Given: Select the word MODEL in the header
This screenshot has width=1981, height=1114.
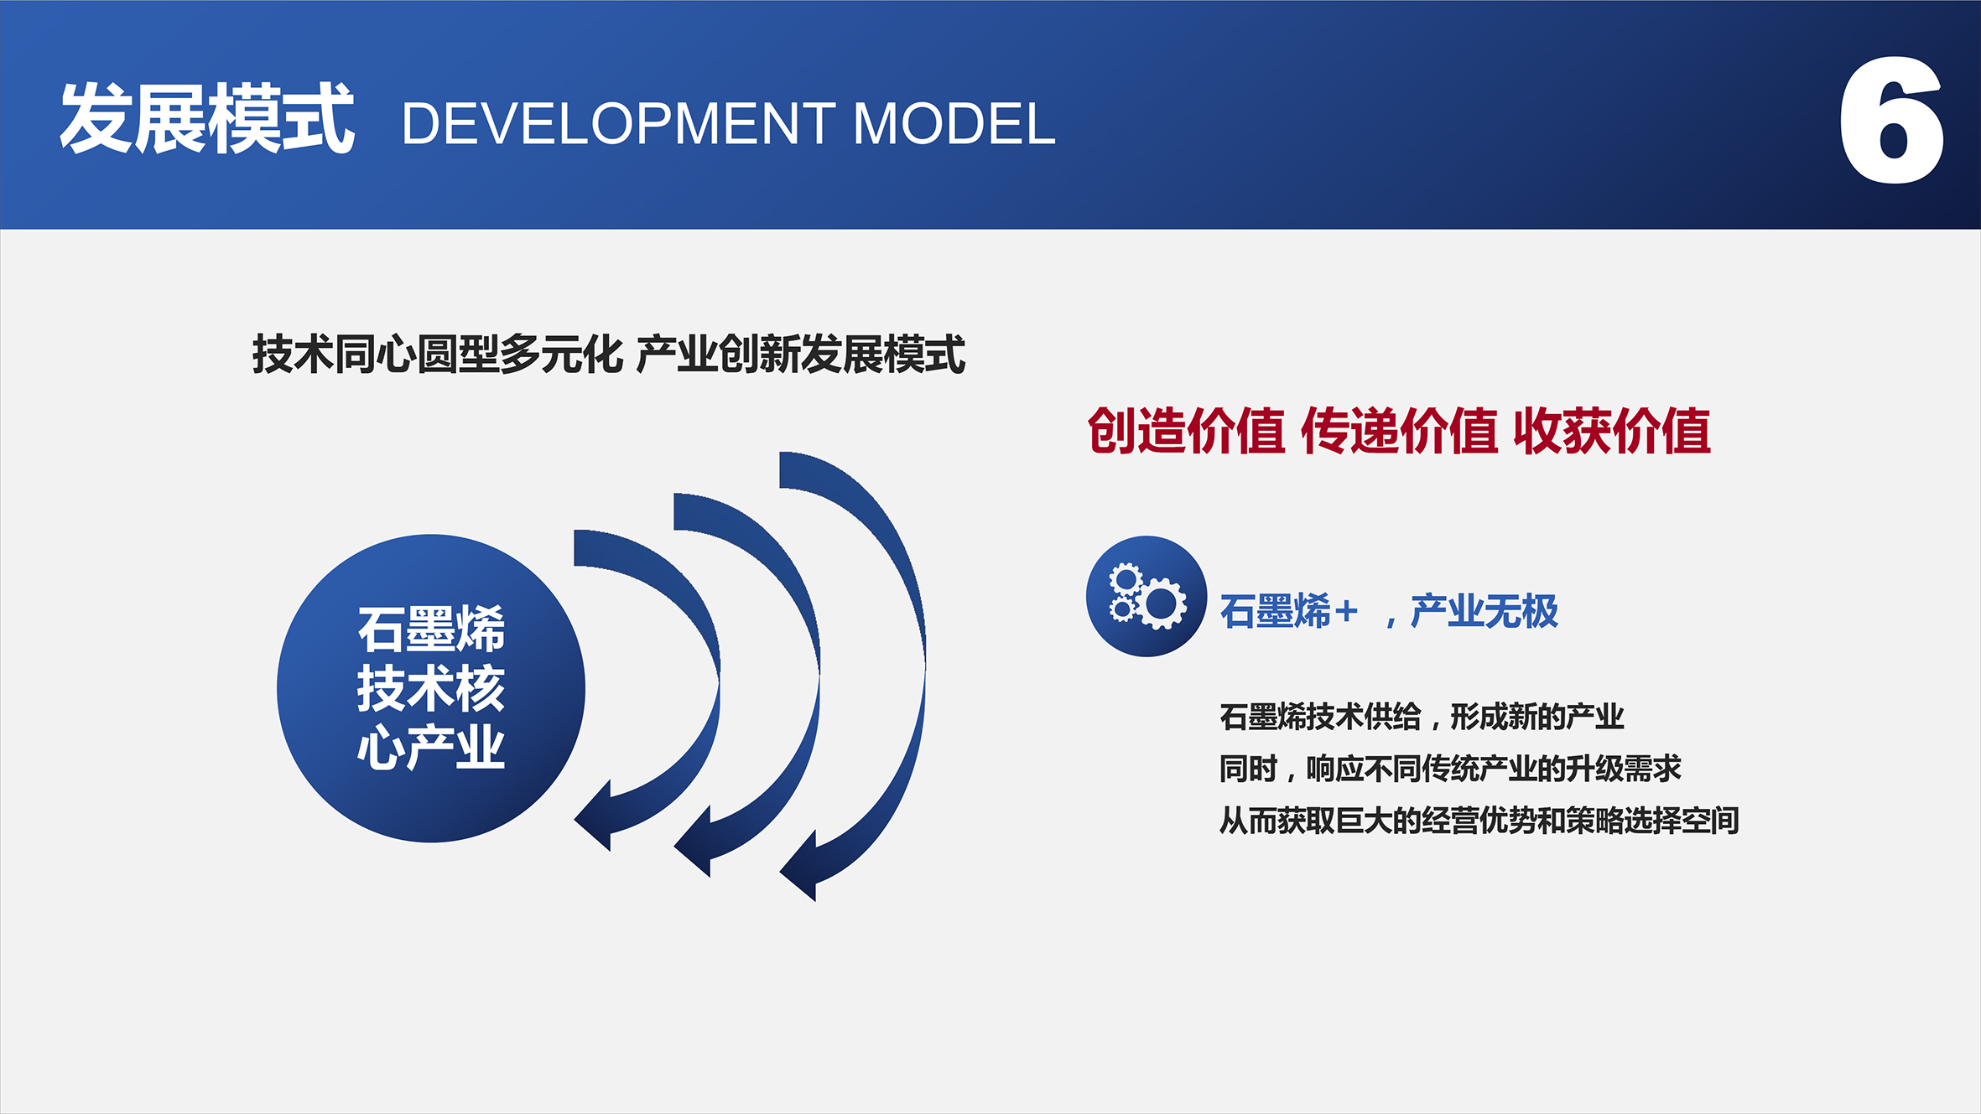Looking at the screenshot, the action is point(954,124).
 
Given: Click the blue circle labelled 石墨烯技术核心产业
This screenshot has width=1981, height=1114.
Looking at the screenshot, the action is point(431,688).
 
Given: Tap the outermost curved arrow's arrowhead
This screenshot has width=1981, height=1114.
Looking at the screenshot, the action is point(798,866).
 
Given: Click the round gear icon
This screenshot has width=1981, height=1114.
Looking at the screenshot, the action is point(1146,596).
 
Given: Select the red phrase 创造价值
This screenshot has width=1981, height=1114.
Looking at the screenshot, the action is point(1186,431).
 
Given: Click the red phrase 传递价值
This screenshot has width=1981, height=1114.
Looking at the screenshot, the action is point(1399,431).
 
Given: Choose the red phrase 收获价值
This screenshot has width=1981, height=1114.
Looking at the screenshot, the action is point(1612,431).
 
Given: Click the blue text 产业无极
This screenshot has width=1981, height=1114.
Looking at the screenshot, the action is point(1484,611).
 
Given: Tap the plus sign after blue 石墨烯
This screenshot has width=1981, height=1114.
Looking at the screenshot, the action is point(1345,612).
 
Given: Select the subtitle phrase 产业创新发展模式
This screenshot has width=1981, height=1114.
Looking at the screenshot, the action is point(801,354).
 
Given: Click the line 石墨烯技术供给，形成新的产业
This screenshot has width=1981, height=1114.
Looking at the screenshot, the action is point(1422,717).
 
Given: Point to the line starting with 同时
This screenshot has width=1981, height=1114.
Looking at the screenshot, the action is point(1450,769).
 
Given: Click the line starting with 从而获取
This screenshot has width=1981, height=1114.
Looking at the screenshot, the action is point(1479,821).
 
